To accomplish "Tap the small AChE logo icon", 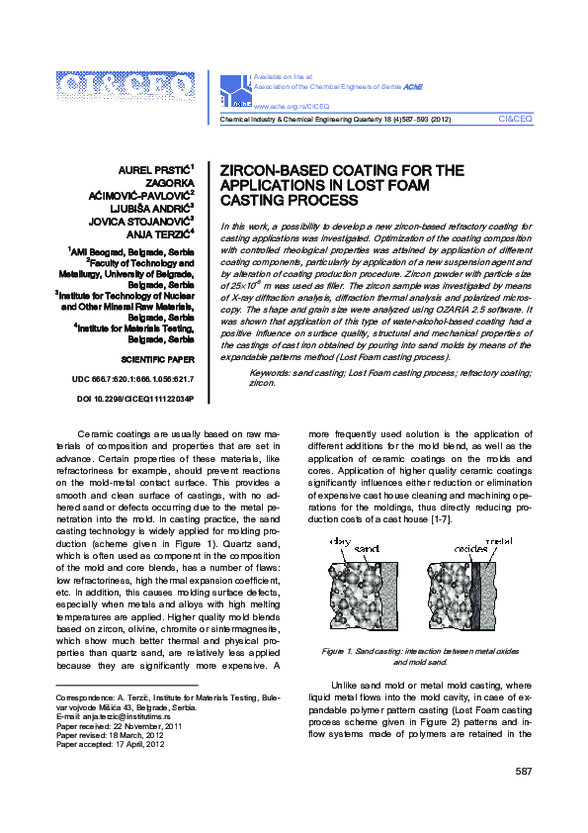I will pyautogui.click(x=237, y=91).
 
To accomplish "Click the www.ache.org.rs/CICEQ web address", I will pyautogui.click(x=292, y=105).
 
